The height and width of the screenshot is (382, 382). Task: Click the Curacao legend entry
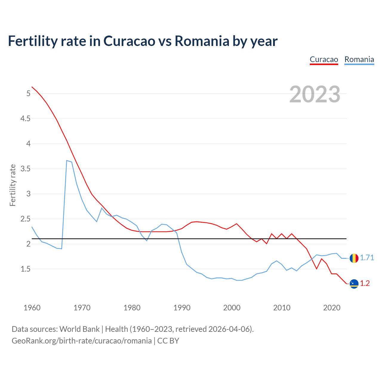coord(324,59)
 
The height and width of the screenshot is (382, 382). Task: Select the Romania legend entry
coord(359,59)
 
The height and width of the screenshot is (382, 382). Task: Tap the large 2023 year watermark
coord(315,94)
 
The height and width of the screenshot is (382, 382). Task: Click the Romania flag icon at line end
coord(354,258)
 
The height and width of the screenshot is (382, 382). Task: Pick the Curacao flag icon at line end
coord(354,284)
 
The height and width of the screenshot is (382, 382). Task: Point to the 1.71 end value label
coord(367,258)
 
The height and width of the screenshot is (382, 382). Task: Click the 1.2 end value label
coord(365,284)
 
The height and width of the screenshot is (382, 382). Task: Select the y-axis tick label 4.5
coord(25,119)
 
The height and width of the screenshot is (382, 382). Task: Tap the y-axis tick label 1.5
coord(25,269)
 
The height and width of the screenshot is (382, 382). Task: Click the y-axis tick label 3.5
coord(25,169)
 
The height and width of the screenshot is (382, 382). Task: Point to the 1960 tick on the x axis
coord(32,308)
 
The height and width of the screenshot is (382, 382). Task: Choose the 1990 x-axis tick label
coord(182,308)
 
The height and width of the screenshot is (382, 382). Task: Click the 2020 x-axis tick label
coord(332,308)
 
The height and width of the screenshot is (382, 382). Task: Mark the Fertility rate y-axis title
coord(13,185)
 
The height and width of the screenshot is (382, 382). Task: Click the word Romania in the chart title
coord(202,41)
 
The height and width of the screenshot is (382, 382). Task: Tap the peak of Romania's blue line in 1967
coord(67,161)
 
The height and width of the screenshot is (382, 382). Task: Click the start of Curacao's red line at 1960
coord(32,87)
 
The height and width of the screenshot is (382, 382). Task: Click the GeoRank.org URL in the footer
coord(81,341)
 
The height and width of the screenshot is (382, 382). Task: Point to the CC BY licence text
coord(168,341)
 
